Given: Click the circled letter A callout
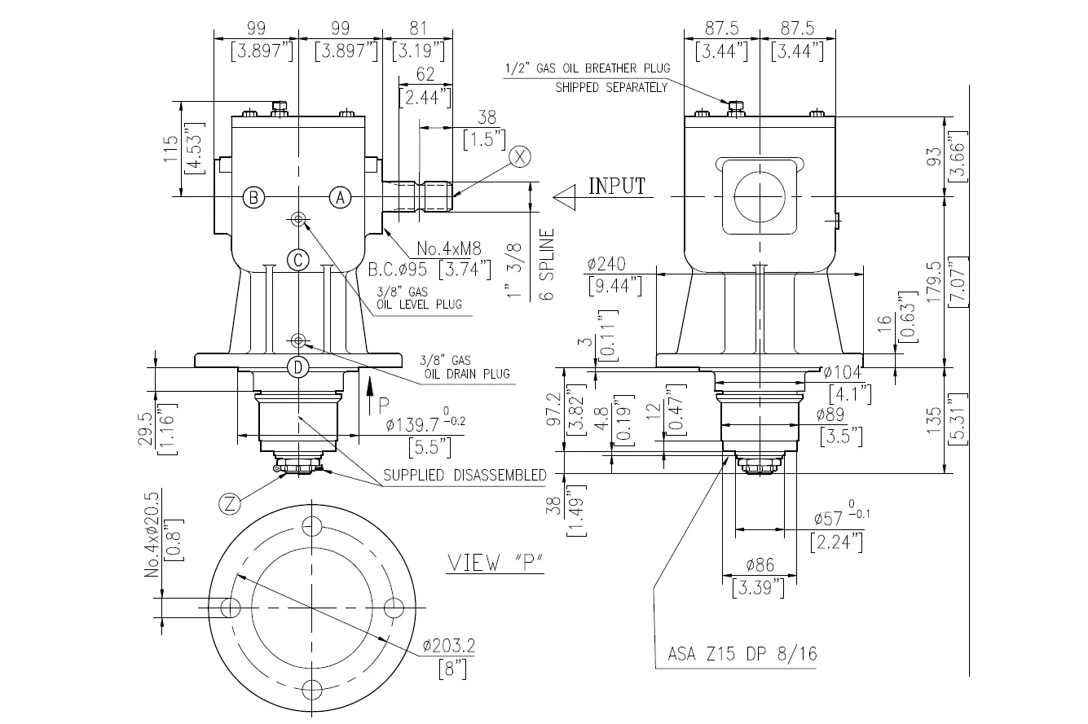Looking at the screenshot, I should click(x=341, y=197).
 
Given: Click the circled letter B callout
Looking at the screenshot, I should click(x=254, y=197).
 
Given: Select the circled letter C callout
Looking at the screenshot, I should click(x=298, y=260).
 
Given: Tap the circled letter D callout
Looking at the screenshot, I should click(x=298, y=368).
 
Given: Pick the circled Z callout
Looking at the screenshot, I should click(x=231, y=504).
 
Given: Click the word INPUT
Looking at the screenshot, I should click(x=617, y=186).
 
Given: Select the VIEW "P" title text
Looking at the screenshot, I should click(x=496, y=564).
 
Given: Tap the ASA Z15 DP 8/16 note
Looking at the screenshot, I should click(x=742, y=653).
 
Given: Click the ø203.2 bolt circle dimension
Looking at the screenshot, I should click(x=449, y=646).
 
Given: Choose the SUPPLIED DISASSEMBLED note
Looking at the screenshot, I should click(x=465, y=475).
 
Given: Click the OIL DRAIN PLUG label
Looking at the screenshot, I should click(x=467, y=374).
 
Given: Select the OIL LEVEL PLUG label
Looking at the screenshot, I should click(x=419, y=304).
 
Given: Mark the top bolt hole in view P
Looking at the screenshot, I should click(x=311, y=525).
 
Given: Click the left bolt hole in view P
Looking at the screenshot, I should click(x=230, y=608).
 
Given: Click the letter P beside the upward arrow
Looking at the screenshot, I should click(x=384, y=402).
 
